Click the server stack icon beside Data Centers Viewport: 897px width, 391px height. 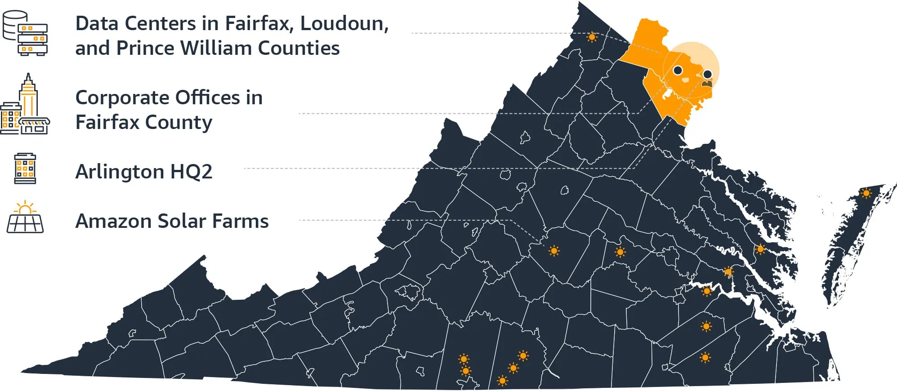coord(25,33)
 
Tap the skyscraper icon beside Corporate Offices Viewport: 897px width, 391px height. coord(25,106)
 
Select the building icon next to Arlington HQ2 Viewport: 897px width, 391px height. coord(25,169)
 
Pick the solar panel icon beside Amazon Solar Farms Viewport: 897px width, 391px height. coord(25,218)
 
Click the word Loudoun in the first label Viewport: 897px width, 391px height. coord(344,23)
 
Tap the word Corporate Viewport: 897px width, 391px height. coord(122,98)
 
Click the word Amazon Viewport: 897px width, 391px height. coord(113,221)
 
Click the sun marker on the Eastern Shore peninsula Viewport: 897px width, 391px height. coord(866,193)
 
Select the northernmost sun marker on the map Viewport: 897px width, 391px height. coord(592,37)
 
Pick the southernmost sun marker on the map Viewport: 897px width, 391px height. coord(503,381)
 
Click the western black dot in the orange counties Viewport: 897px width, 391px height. coord(678,71)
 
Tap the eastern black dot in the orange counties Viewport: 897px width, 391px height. coord(707,74)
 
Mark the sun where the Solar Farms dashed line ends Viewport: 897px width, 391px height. coord(554,251)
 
